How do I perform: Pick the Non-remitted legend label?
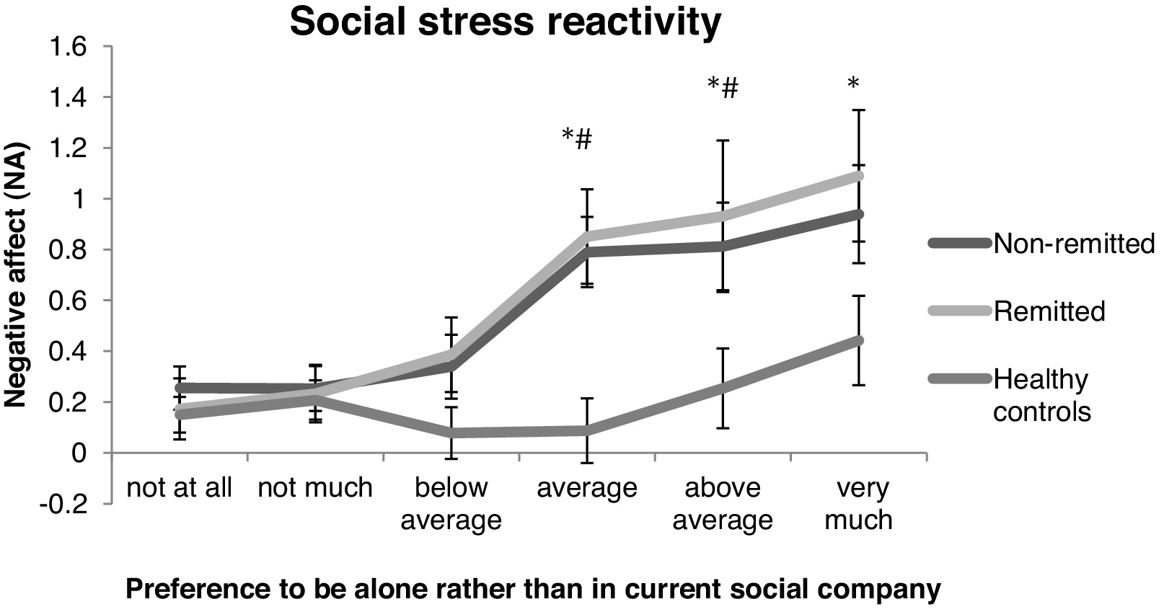pos(1075,243)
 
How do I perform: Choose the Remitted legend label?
pos(1049,311)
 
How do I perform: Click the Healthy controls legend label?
pos(1041,395)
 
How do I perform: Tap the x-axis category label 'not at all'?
pos(180,488)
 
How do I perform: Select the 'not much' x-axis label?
pos(315,488)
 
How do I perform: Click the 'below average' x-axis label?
pos(451,504)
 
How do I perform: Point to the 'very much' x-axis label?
pos(858,504)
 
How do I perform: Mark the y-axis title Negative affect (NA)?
pos(15,275)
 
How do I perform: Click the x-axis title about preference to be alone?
pos(533,589)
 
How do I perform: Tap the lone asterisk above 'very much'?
pos(852,83)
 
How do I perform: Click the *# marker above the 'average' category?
pos(577,138)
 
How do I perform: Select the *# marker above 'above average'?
pos(723,87)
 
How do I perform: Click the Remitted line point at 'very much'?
pos(858,176)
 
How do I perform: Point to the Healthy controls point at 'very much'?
pos(858,340)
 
